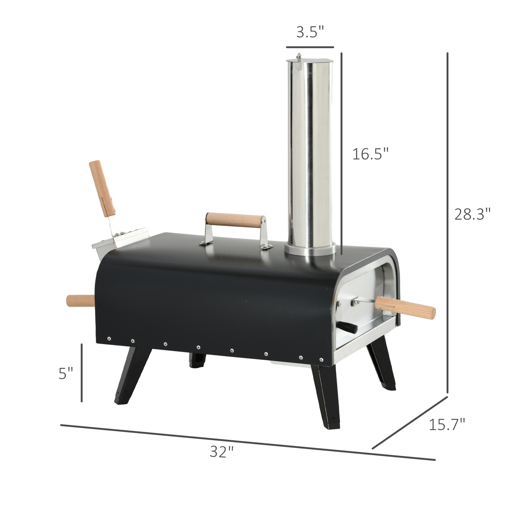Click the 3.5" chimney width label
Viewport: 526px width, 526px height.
(310, 33)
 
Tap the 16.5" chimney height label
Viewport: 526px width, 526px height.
(370, 154)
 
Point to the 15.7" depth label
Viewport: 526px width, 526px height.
(447, 433)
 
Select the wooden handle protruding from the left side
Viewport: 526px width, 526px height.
(80, 301)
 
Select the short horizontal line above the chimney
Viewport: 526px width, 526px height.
(310, 47)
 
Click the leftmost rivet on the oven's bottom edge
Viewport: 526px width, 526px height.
(109, 339)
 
